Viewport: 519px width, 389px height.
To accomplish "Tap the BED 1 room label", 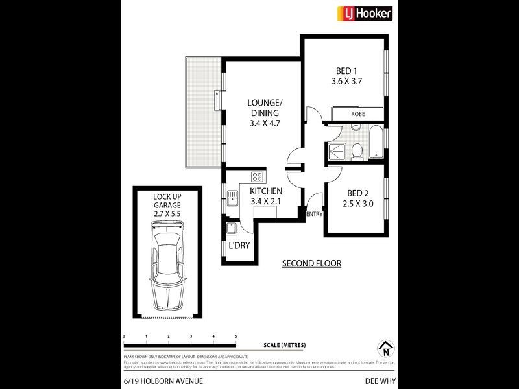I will coord(346,71).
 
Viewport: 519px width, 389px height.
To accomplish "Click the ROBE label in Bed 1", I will coord(357,113).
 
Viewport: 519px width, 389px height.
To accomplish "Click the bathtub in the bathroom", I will coord(376,143).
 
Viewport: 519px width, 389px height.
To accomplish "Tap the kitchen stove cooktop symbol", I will coord(257,176).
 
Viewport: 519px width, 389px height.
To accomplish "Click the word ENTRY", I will coord(314,214).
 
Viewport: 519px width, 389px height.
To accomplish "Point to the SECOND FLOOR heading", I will coord(311,263).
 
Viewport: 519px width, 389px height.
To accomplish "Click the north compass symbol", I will coord(385,348).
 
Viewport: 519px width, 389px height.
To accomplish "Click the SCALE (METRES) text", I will coord(284,344).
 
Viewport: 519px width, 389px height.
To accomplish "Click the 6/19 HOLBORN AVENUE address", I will coord(154,383).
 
